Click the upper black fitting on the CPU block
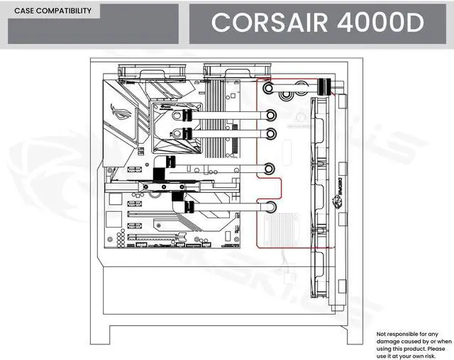click(x=184, y=116)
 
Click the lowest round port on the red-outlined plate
click(x=271, y=208)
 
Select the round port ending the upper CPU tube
click(x=271, y=116)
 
